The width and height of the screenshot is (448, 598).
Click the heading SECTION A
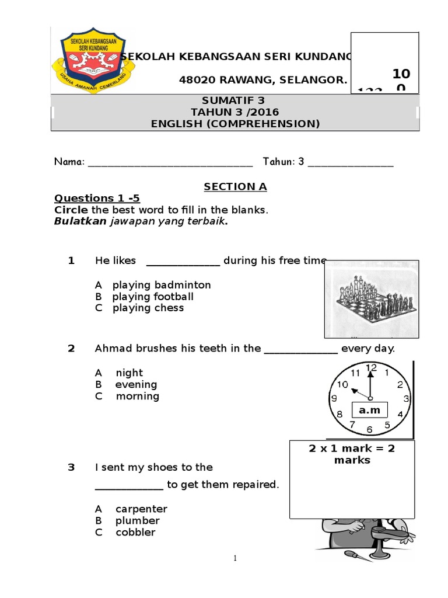click(x=235, y=187)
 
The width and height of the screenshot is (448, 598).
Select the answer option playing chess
click(x=148, y=308)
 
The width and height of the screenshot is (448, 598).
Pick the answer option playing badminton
click(x=161, y=285)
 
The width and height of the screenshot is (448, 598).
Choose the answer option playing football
click(x=153, y=297)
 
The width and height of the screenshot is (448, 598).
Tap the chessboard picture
click(x=371, y=299)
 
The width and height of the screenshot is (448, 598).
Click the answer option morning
click(x=137, y=396)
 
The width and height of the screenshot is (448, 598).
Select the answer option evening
click(x=136, y=384)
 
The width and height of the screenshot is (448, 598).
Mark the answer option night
click(x=129, y=373)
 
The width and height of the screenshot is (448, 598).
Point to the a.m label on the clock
click(x=369, y=411)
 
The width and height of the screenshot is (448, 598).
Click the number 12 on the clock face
click(x=371, y=368)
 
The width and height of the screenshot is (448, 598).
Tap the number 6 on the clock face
click(x=369, y=430)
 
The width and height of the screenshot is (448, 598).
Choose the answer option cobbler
click(x=135, y=532)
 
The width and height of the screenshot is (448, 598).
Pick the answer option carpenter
click(x=141, y=509)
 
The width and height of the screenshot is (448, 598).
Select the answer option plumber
click(x=137, y=520)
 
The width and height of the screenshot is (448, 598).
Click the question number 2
click(x=71, y=349)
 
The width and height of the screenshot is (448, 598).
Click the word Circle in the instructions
click(x=71, y=210)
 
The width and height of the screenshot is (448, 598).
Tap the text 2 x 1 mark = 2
click(x=352, y=448)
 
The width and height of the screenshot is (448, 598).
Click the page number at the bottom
click(x=235, y=558)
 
